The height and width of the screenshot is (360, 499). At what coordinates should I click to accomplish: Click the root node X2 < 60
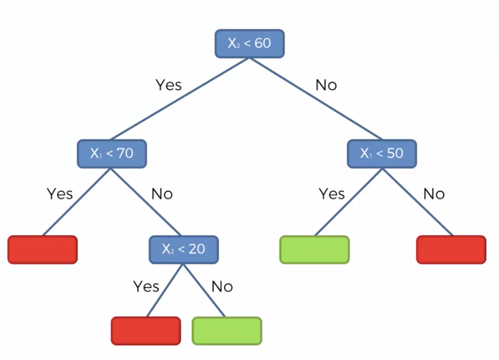pyautogui.click(x=249, y=44)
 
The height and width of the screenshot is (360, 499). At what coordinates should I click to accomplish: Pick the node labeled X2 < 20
pyautogui.click(x=183, y=249)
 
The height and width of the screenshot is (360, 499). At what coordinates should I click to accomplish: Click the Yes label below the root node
pyautogui.click(x=168, y=85)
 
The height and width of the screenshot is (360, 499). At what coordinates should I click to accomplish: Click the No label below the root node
pyautogui.click(x=326, y=85)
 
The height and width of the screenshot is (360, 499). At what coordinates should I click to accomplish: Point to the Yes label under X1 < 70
pyautogui.click(x=60, y=194)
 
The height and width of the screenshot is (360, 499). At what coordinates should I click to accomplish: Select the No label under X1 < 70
pyautogui.click(x=162, y=194)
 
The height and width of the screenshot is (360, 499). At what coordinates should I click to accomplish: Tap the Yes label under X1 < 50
pyautogui.click(x=332, y=194)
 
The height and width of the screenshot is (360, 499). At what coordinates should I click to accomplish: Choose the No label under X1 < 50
pyautogui.click(x=434, y=194)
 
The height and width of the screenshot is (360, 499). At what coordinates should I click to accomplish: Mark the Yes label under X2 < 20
pyautogui.click(x=146, y=286)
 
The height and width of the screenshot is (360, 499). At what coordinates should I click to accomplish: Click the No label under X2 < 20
pyautogui.click(x=222, y=286)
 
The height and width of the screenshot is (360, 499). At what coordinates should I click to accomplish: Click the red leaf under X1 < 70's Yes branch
pyautogui.click(x=43, y=249)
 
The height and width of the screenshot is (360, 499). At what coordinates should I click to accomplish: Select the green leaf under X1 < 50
pyautogui.click(x=315, y=249)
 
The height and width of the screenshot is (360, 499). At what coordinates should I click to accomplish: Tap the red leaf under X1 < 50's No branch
pyautogui.click(x=451, y=249)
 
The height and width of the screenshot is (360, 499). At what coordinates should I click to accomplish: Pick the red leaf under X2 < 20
pyautogui.click(x=146, y=331)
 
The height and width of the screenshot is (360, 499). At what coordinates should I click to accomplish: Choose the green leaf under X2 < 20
pyautogui.click(x=227, y=331)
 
